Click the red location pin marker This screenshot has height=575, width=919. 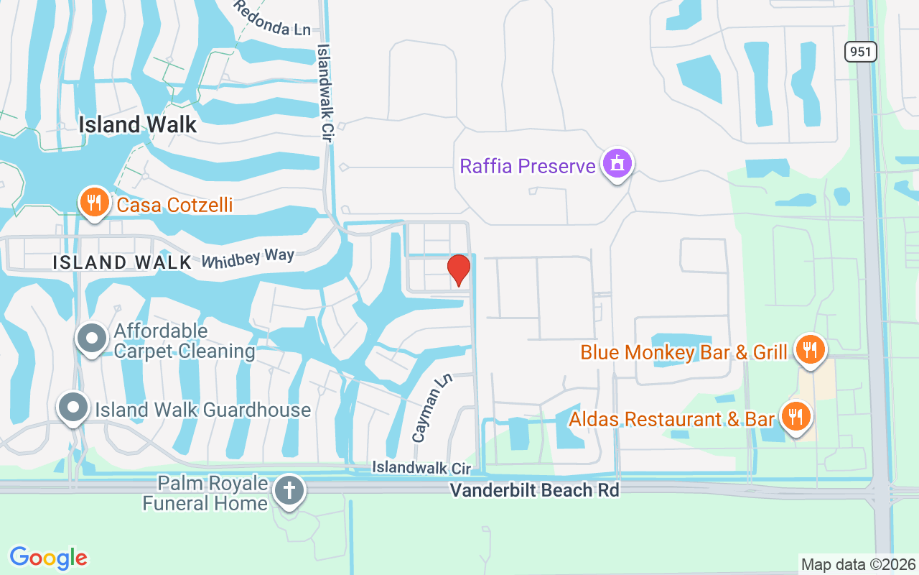pos(459,270)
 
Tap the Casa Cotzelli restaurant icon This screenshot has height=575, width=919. pos(94,203)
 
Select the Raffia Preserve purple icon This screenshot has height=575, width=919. pos(616,165)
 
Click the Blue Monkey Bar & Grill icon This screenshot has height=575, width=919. pos(810,351)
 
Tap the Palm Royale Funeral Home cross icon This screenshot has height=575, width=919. pos(289,492)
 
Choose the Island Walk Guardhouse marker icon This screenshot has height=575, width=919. pos(73,408)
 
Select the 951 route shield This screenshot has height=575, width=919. pos(861,52)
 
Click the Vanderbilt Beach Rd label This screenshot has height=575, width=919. pos(534,490)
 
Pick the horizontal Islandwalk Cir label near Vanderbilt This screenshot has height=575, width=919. pos(421,468)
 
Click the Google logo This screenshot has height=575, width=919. pos(48,557)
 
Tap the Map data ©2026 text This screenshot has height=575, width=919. pos(858,564)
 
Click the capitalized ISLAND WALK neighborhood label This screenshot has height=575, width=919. pos(123,263)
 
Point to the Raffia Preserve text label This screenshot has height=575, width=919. pos(528,166)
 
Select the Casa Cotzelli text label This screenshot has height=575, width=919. pos(174,205)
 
